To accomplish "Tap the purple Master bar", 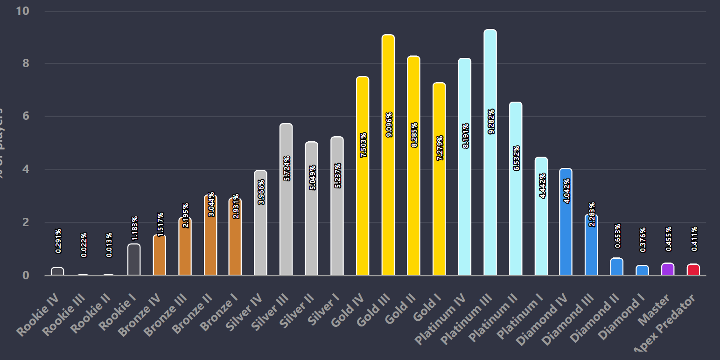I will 668,270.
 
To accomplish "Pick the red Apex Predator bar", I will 693,270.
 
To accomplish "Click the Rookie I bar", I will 134,260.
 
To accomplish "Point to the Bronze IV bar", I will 160,255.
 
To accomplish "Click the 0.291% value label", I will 58,241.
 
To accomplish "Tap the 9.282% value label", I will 491,121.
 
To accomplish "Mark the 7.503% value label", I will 363,145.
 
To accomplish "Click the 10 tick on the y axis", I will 23,11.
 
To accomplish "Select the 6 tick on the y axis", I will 26,116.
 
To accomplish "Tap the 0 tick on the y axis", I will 26,275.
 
